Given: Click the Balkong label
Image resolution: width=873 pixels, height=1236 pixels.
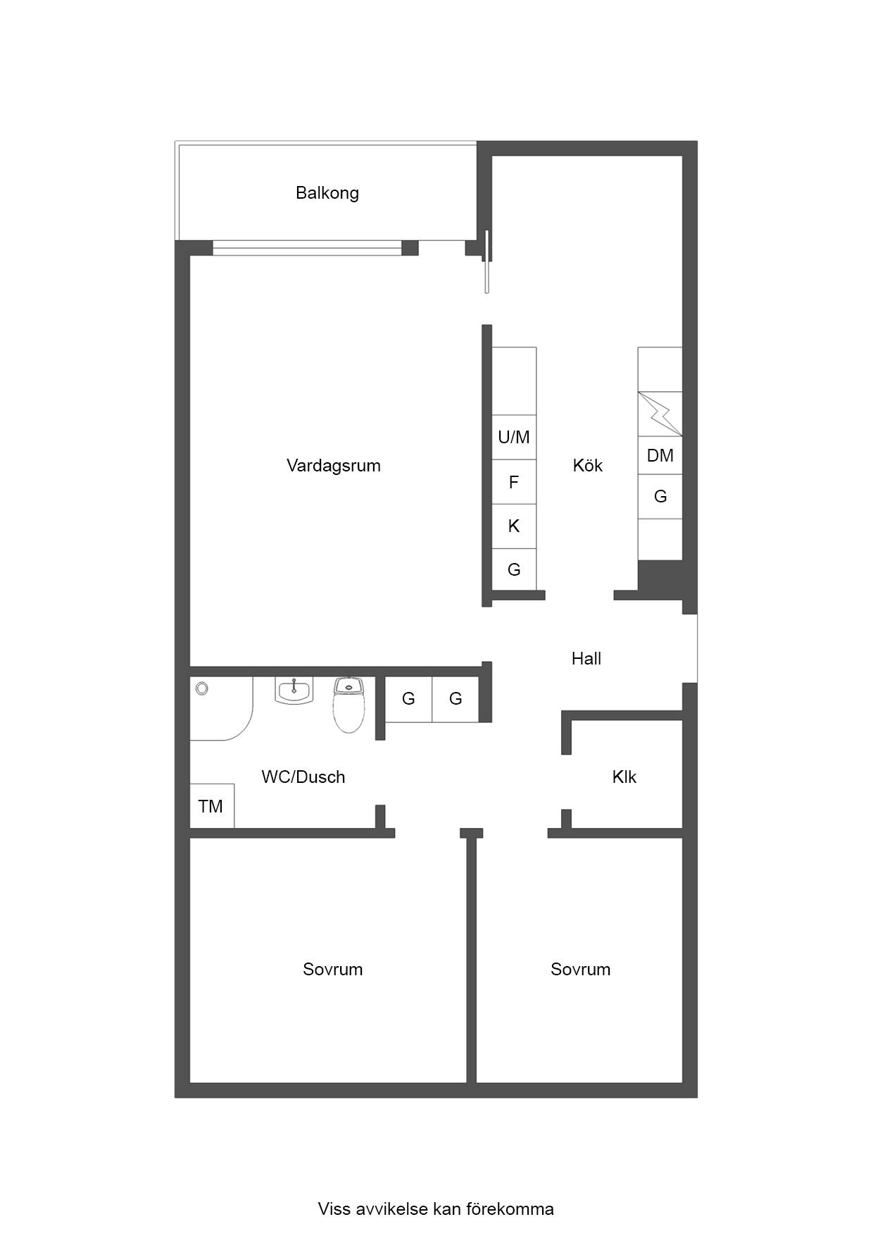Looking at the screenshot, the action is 327,193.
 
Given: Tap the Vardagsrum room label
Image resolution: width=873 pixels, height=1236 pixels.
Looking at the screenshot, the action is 334,466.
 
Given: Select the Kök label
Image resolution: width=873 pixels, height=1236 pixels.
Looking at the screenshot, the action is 588,466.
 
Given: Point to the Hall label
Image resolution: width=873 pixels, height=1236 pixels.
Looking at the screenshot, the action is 586,659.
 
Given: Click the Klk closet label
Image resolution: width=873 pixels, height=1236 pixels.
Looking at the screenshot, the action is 624,777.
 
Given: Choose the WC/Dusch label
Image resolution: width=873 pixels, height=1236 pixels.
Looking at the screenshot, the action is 303,777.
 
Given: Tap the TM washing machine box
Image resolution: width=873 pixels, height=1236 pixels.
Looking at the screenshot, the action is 212,805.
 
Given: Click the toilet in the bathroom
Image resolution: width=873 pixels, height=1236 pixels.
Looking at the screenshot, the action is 348,705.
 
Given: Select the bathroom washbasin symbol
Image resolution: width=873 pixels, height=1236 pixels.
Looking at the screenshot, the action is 294,691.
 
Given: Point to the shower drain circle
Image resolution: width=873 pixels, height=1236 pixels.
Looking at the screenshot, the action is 202,688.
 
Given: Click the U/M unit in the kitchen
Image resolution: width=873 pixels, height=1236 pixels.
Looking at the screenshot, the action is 514,437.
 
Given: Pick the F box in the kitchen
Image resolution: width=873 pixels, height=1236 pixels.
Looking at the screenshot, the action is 514,482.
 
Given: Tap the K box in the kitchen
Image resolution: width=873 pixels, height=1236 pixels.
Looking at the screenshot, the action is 514,526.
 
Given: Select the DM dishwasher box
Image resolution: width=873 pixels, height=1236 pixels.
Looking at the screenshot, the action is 660,455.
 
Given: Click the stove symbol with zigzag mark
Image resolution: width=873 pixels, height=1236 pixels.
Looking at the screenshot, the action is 660,414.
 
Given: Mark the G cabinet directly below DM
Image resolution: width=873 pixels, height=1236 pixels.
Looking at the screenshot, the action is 660,496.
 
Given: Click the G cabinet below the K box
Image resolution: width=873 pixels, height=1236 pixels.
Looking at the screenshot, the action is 514,569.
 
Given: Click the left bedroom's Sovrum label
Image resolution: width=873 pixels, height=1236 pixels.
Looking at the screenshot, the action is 333,970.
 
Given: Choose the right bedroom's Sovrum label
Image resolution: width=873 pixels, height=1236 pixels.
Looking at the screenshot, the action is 581,970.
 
